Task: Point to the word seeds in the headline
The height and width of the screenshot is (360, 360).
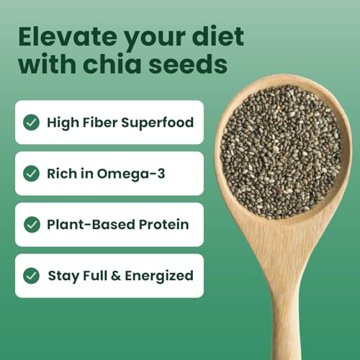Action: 193,65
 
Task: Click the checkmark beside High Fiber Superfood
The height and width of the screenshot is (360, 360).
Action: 31,122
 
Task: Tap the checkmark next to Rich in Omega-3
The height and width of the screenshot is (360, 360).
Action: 31,174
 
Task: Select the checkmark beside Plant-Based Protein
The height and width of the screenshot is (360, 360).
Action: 31,225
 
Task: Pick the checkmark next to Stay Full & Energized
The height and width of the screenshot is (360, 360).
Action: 31,276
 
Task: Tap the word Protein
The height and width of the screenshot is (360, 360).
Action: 165,225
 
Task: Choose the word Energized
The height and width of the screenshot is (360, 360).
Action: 158,276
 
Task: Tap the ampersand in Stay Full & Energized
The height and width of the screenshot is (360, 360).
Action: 111,276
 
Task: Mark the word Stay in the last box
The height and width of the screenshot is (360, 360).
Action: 62,276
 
